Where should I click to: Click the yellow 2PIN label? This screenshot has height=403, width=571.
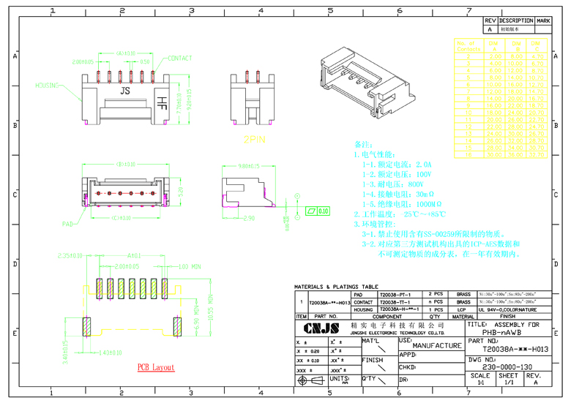tap(255, 138)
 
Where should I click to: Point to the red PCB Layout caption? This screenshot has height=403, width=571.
tap(156, 366)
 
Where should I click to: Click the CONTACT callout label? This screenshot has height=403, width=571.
tap(180, 58)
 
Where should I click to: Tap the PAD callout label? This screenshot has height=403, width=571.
tap(67, 224)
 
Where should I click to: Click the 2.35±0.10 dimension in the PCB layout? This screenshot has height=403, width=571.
tap(70, 256)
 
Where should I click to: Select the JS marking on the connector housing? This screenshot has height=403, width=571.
tap(125, 91)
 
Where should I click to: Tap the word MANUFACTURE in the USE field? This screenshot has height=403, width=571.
tap(436, 345)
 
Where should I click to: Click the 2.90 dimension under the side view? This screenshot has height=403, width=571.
tap(248, 218)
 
